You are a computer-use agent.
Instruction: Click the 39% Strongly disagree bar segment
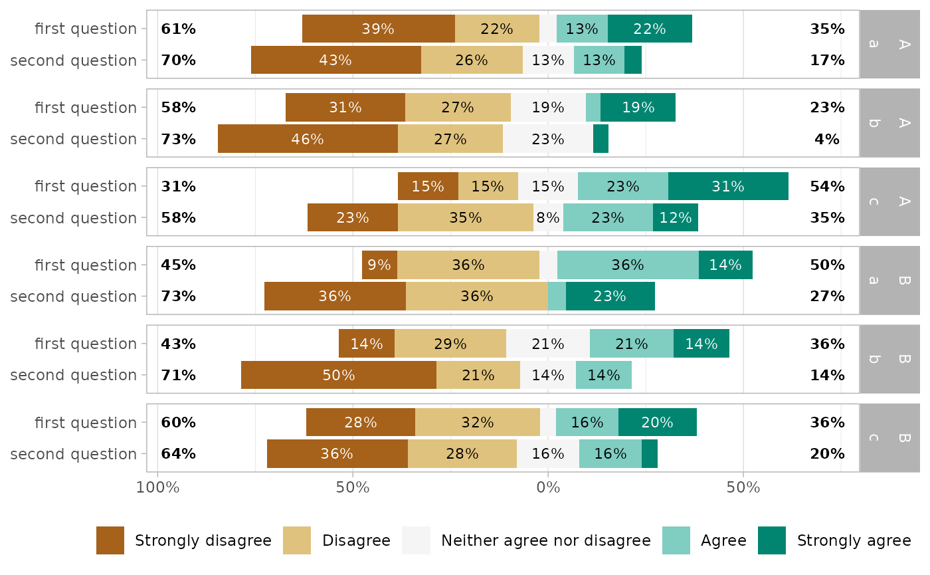point(378,29)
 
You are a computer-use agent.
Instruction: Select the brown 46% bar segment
point(308,139)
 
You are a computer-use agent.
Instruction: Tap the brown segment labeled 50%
point(338,375)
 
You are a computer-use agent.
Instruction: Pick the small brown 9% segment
point(379,265)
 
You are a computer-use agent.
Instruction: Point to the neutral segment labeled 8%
point(548,217)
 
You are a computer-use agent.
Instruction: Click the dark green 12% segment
point(675,217)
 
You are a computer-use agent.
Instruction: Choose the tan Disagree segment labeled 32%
point(477,422)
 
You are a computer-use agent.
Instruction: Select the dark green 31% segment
point(728,186)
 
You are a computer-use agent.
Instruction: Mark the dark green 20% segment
point(657,422)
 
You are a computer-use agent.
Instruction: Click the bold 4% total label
point(827,139)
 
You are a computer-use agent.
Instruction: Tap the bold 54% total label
point(827,186)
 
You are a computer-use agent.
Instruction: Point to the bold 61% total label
point(179,29)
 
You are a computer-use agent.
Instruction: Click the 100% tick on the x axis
point(157,487)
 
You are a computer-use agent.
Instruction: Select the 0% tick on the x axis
point(548,487)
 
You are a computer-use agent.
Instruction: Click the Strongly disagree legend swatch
point(110,540)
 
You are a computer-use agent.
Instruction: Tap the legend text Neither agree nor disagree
point(545,540)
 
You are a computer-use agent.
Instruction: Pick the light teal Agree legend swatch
point(676,540)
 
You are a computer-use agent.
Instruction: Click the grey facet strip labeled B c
point(889,438)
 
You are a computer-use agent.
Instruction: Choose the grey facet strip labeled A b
point(889,123)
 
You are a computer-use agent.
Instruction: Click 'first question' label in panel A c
point(86,186)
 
